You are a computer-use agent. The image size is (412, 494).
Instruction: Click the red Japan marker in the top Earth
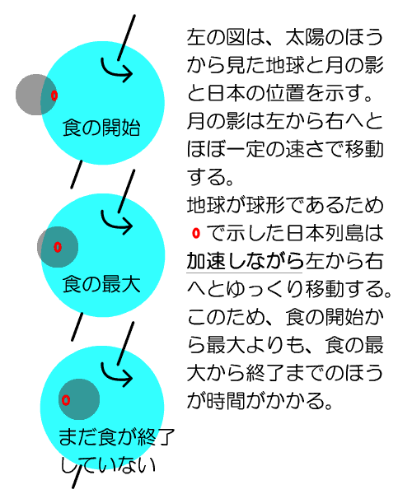click(x=54, y=96)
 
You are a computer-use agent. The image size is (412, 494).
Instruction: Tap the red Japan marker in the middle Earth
click(x=58, y=247)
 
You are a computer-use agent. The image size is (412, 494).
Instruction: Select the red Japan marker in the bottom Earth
click(x=66, y=400)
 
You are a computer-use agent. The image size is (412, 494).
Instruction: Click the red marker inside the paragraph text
click(x=196, y=233)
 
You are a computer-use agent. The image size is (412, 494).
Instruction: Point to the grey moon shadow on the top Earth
click(x=36, y=95)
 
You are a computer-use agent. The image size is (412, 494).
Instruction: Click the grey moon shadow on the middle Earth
click(x=58, y=247)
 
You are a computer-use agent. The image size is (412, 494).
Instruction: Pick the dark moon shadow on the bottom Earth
click(x=79, y=399)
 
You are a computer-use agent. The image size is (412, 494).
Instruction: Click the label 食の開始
click(x=101, y=128)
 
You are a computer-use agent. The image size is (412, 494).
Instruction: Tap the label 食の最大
click(x=101, y=284)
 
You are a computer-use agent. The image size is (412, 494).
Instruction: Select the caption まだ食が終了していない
click(x=116, y=450)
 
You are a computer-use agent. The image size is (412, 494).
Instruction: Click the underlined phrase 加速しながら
click(x=245, y=261)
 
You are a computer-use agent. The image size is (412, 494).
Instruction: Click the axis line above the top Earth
click(x=126, y=38)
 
